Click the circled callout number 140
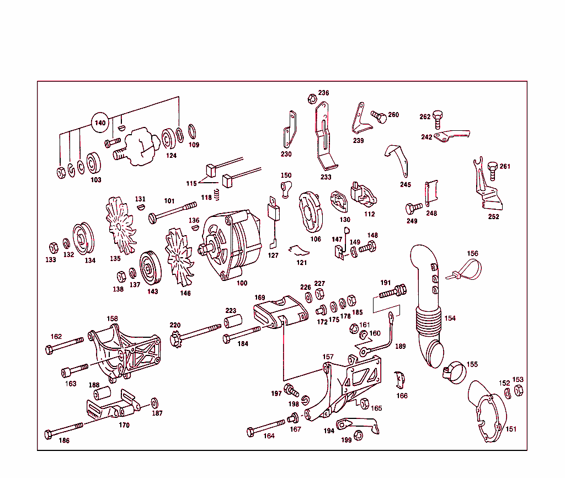click(x=100, y=123)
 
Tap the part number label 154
click(x=450, y=318)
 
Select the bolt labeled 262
click(x=439, y=119)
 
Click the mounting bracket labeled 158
click(x=124, y=353)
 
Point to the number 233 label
click(x=326, y=177)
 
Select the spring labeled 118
click(x=217, y=195)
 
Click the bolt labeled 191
click(x=393, y=290)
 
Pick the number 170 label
click(x=124, y=426)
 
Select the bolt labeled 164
click(x=267, y=427)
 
